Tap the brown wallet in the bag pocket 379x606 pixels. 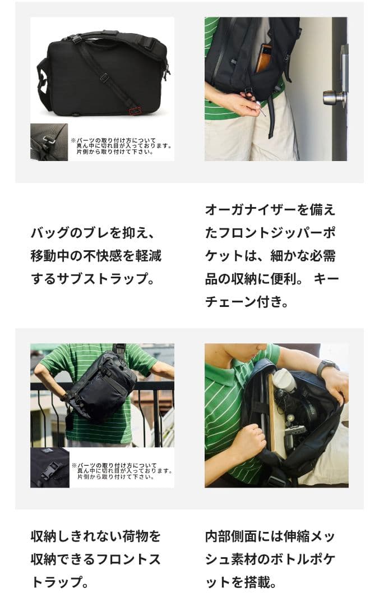click(x=264, y=58)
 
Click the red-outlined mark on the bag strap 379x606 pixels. click(x=135, y=111)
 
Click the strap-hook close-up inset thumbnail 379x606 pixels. click(x=49, y=142)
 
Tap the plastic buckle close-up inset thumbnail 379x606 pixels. click(x=49, y=467)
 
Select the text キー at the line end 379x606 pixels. click(x=326, y=279)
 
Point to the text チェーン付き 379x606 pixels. click(x=247, y=302)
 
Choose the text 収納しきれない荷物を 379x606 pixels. click(x=96, y=536)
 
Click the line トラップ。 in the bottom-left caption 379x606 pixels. click(x=60, y=582)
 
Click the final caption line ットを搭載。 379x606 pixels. click(x=241, y=582)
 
